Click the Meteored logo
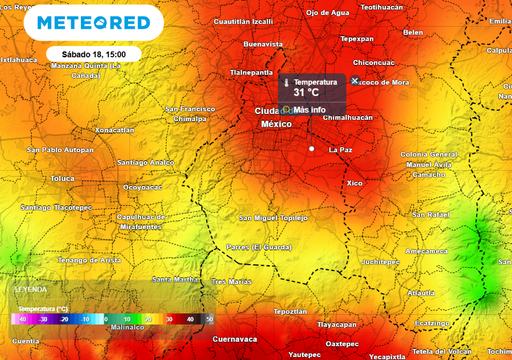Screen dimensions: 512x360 (x=92, y=22)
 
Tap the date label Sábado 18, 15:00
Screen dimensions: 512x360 (x=93, y=52)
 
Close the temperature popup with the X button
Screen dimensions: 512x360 (x=355, y=80)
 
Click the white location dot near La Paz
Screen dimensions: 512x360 (x=312, y=149)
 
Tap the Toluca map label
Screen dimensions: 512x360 (x=62, y=179)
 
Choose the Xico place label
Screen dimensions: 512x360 (x=355, y=184)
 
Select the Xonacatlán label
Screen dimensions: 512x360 (x=113, y=130)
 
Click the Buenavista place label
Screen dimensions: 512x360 (x=264, y=44)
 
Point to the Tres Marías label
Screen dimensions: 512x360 (x=232, y=282)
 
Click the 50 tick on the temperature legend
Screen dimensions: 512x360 (x=209, y=318)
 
